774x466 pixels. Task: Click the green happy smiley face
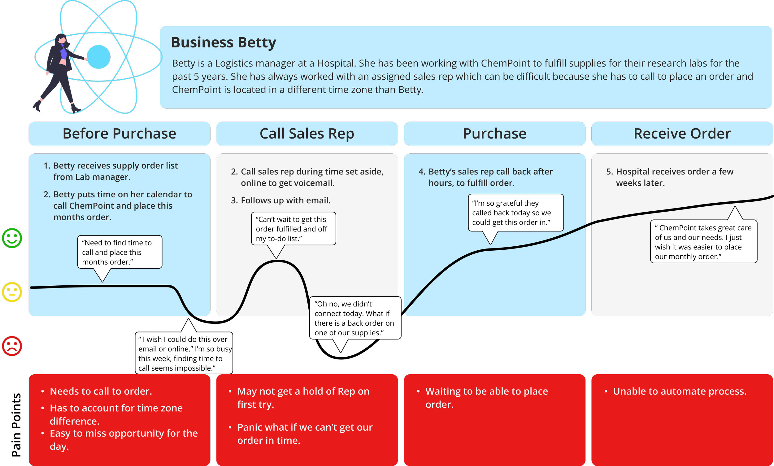coord(12,238)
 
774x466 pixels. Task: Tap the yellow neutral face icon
coord(12,292)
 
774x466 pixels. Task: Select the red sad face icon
coord(12,346)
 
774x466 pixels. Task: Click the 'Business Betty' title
coord(224,42)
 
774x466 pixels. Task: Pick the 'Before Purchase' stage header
coord(119,134)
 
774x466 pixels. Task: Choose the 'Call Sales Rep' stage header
coord(307,134)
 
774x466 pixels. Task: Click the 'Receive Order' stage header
coord(682,134)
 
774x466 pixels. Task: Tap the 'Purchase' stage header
coord(494,134)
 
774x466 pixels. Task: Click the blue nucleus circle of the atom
coord(98,57)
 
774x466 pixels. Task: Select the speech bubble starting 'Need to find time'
coord(120,252)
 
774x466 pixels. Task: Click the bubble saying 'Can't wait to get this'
coord(294,229)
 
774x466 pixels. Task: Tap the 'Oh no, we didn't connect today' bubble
coord(355,318)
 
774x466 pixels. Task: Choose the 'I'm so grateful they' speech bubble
coord(515,213)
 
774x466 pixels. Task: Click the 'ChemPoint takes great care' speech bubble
coord(703,242)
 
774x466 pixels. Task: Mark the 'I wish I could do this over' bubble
coord(184,353)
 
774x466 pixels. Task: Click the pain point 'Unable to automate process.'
coord(680,391)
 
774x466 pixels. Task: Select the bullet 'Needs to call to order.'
coord(101,391)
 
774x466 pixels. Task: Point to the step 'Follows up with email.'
coord(285,200)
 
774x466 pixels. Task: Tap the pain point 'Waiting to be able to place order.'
coord(486,398)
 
